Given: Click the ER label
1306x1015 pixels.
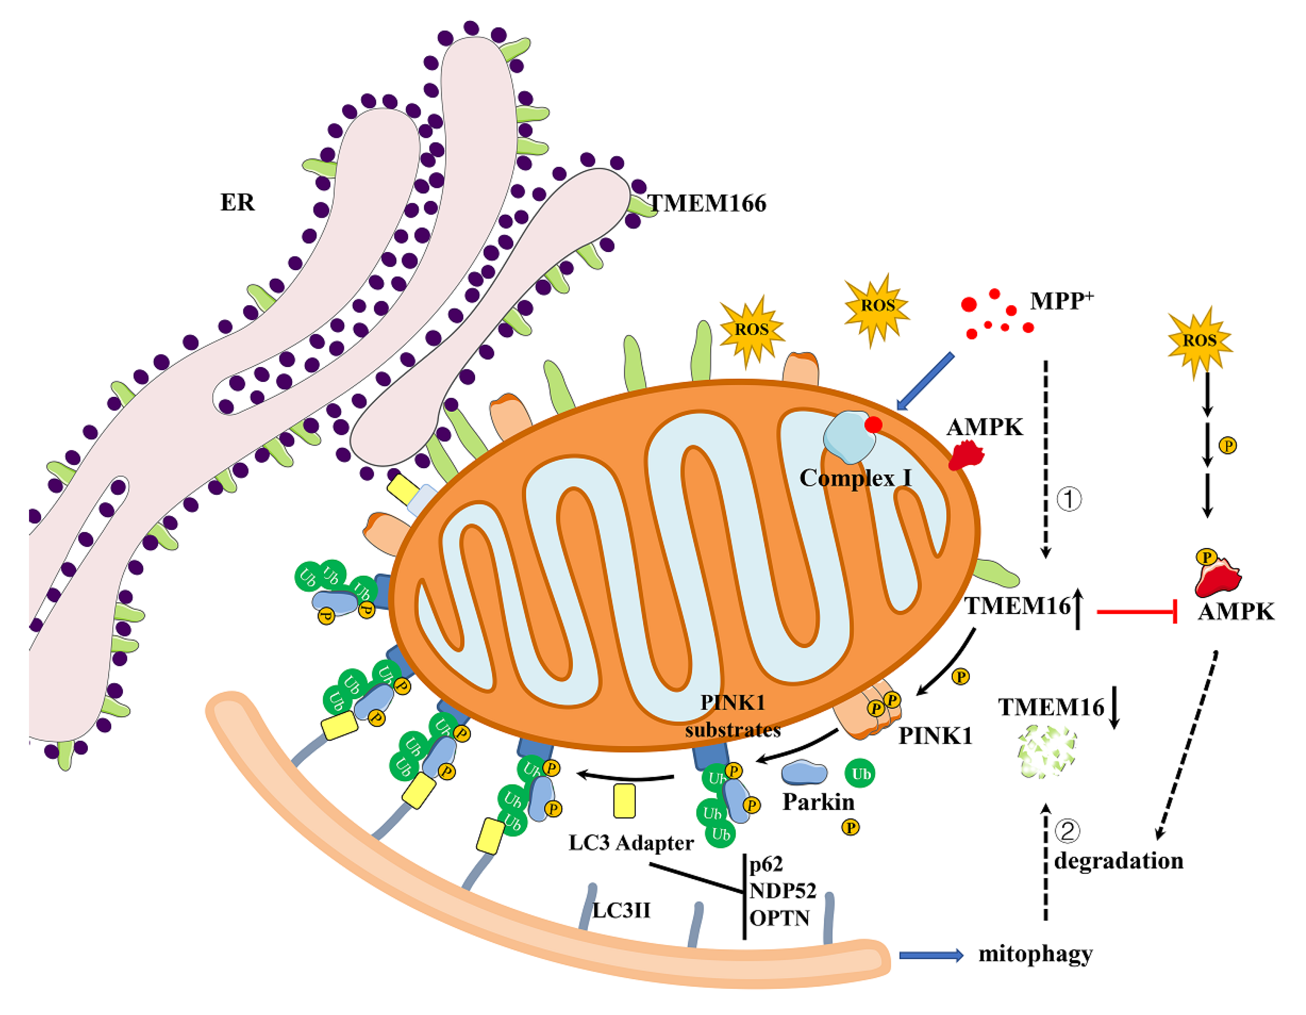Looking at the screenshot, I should coord(237,202).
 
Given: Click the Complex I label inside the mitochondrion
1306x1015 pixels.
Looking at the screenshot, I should coord(855,477).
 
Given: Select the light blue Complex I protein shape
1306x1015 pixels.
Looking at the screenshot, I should coord(848,437).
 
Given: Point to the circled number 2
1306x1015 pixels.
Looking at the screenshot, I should coord(1067,831).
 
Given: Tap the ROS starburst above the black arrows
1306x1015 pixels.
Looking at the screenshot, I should coord(1200,340).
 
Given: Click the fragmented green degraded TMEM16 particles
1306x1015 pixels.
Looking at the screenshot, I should coord(1046,752).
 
